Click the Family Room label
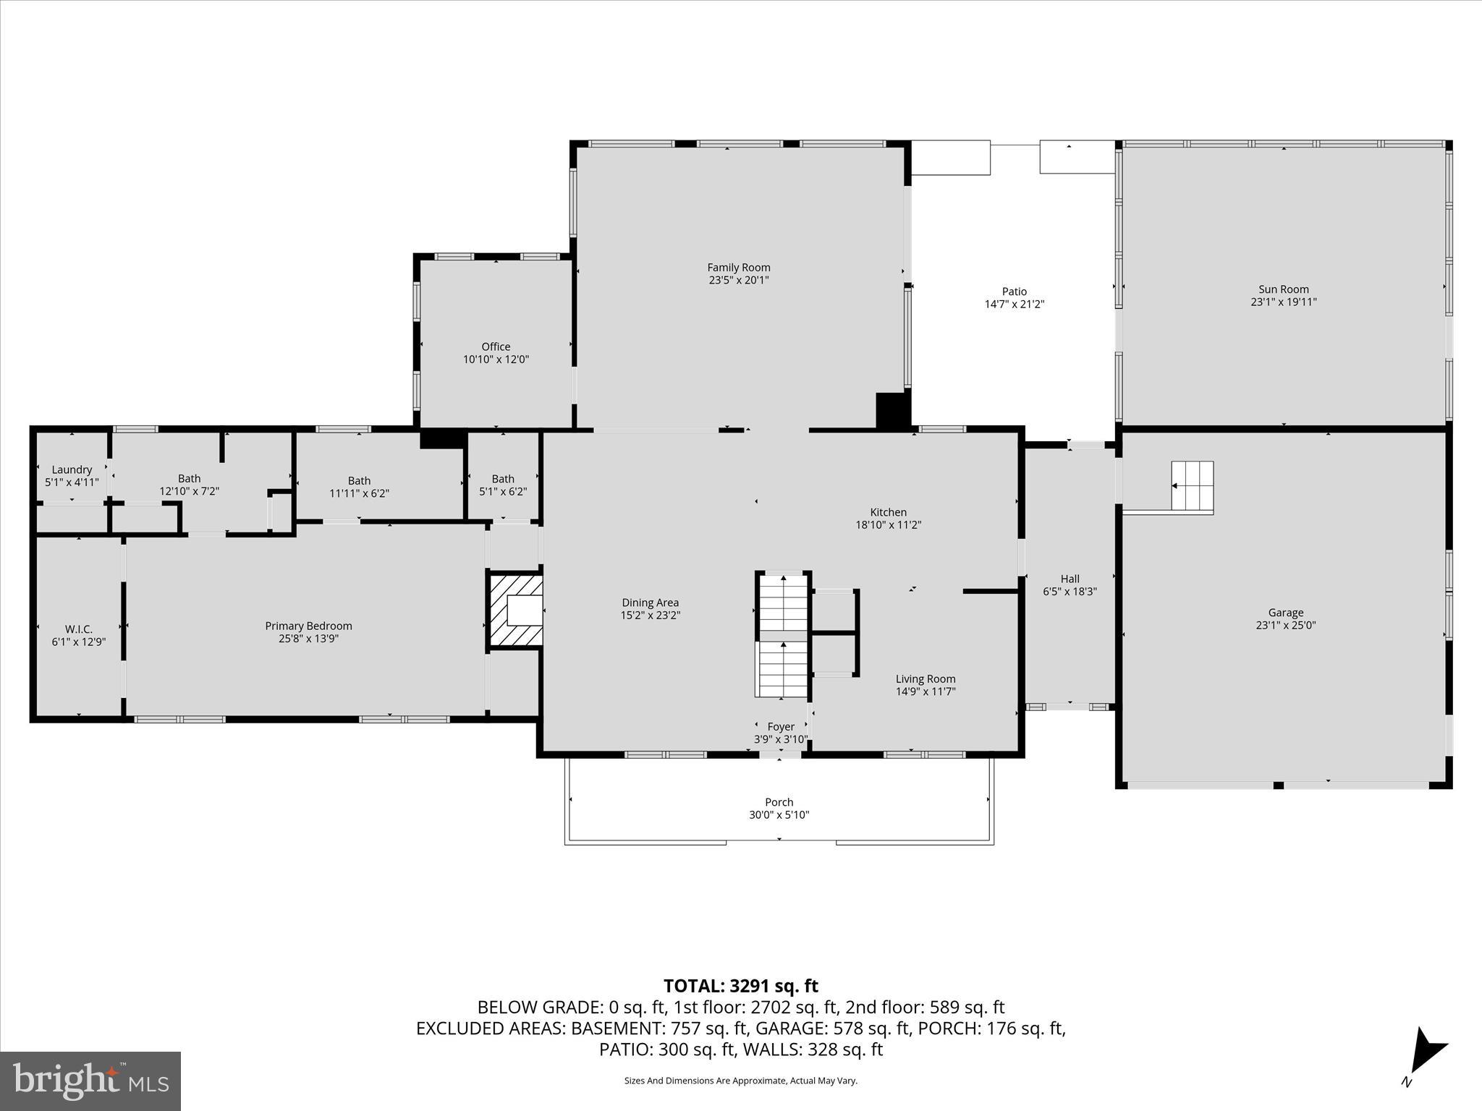[738, 268]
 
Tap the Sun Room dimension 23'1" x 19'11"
[1284, 302]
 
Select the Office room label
[496, 346]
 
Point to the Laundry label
[72, 469]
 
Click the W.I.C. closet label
[78, 629]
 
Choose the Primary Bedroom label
[308, 626]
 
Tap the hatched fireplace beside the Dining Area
[516, 610]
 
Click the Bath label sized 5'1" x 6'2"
[503, 479]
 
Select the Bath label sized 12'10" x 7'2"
[189, 478]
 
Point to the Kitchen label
[888, 512]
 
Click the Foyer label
[781, 726]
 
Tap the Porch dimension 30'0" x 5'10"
[779, 815]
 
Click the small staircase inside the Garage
[1192, 486]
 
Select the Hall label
[1070, 579]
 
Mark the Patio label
[1014, 291]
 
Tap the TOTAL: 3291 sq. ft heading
[740, 986]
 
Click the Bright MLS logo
[90, 1081]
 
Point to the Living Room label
[926, 678]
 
